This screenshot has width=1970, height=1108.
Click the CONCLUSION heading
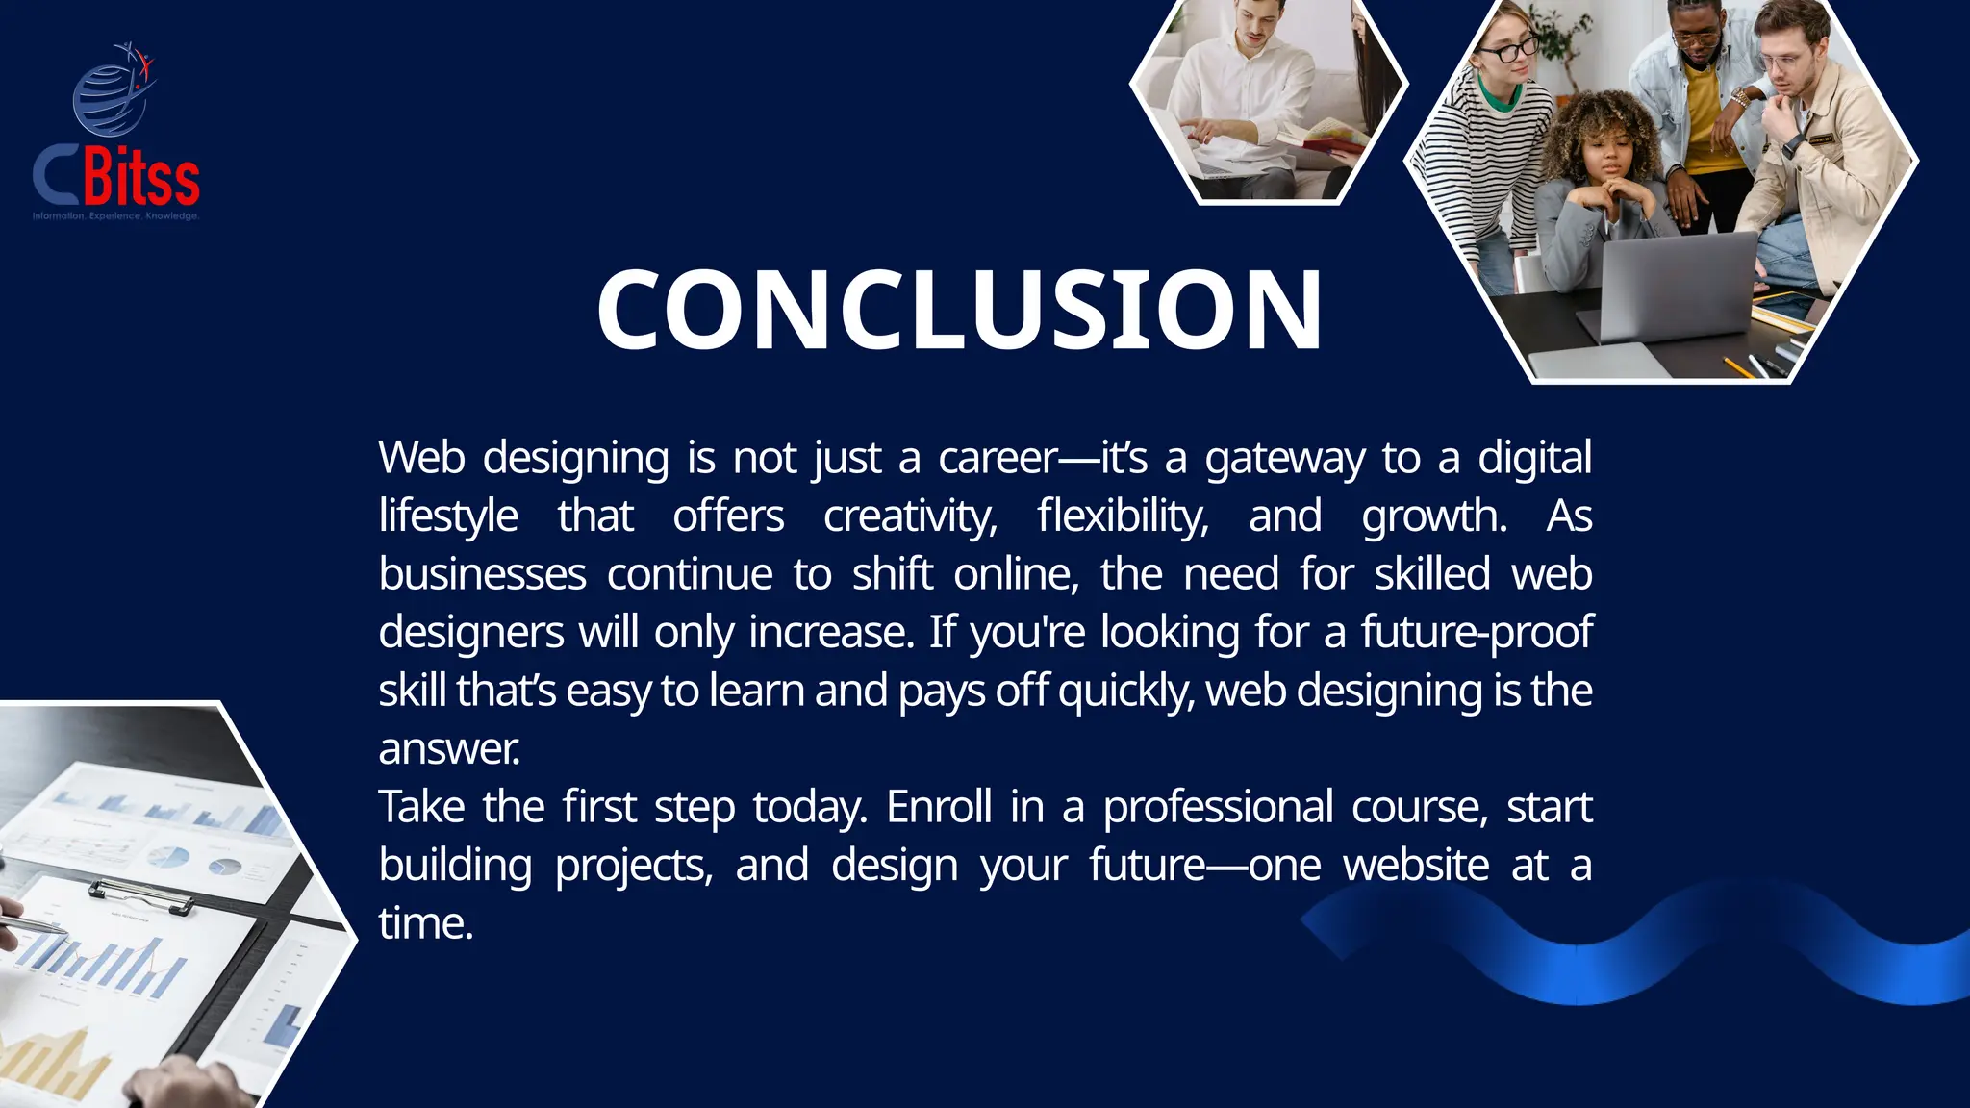point(960,310)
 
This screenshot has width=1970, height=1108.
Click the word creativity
point(910,516)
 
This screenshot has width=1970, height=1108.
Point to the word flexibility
point(1123,516)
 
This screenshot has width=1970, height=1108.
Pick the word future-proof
point(1477,633)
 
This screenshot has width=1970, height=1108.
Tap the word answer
point(448,749)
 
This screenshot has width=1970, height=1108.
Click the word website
point(1416,865)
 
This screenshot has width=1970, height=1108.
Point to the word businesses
point(482,575)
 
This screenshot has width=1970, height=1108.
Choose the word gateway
point(1284,459)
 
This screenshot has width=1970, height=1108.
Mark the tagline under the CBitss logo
point(115,216)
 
